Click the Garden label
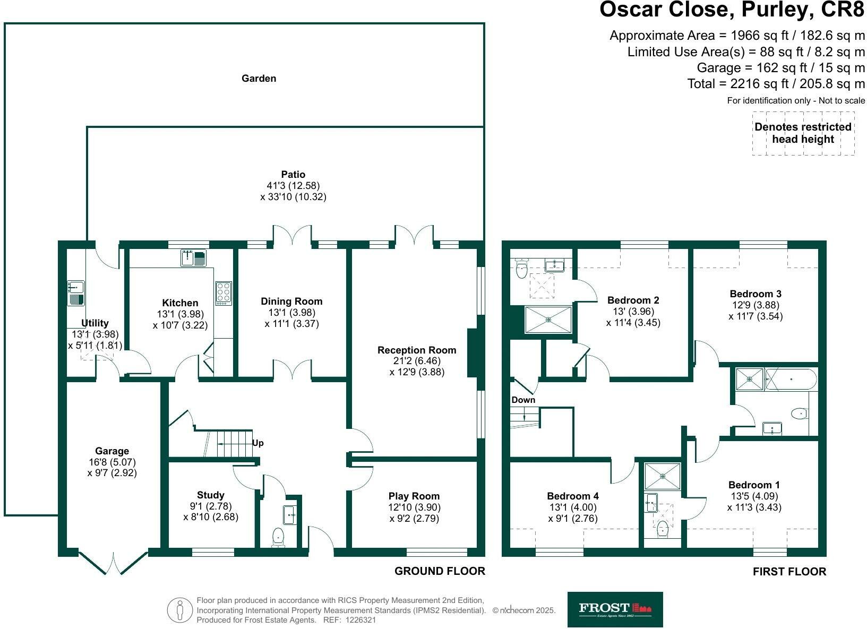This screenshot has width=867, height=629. [259, 79]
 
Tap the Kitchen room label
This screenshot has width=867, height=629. [180, 303]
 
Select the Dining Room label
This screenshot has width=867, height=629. [291, 301]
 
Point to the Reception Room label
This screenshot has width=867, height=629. [417, 350]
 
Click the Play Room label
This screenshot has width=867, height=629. [414, 497]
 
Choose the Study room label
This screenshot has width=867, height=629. [211, 495]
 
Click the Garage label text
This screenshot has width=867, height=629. [112, 451]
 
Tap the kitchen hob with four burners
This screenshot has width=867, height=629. [224, 292]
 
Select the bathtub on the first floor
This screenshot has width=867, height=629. [791, 379]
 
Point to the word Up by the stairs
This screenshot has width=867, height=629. [258, 443]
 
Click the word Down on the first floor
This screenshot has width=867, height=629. [523, 400]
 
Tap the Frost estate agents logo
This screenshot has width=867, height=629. [615, 609]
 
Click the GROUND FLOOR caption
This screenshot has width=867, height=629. [440, 571]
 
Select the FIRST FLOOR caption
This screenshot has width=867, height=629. [789, 572]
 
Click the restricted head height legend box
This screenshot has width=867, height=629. [803, 133]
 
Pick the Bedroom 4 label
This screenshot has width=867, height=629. [573, 496]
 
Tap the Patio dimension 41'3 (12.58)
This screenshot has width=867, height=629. [293, 186]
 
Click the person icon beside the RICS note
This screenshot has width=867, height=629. [180, 610]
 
